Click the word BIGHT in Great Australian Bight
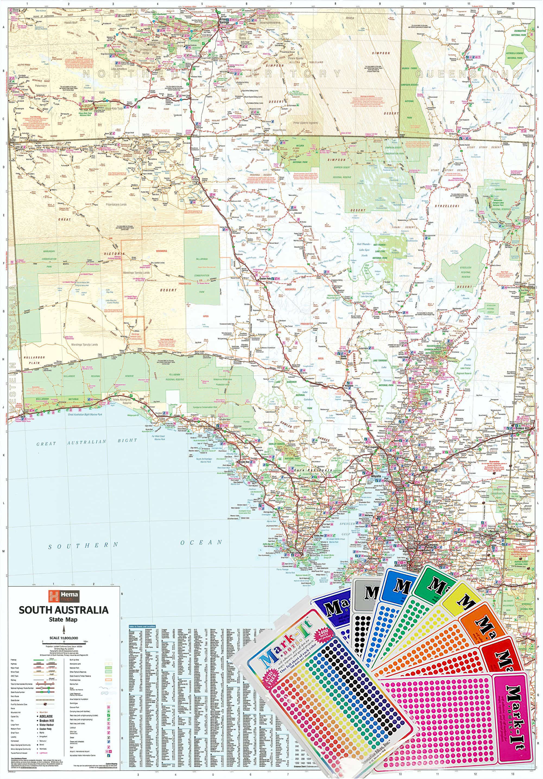pyautogui.click(x=127, y=441)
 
